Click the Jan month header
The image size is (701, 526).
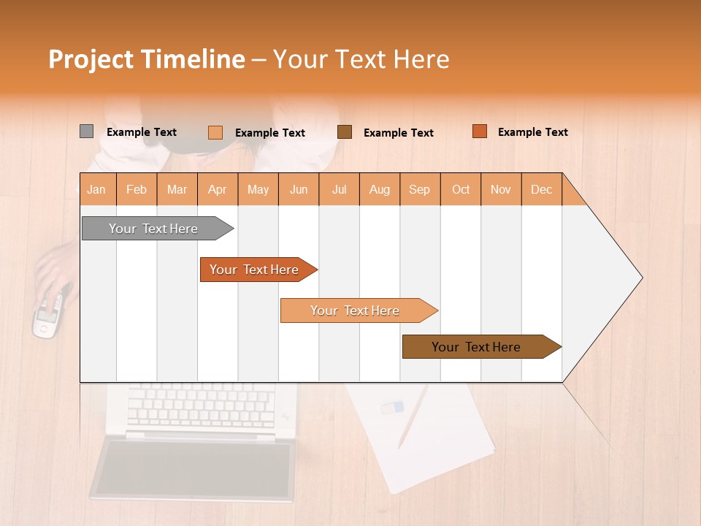coord(97,189)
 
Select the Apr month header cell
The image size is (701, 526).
coord(218,189)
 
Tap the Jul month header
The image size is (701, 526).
coord(339,189)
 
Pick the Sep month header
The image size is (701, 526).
coord(419,189)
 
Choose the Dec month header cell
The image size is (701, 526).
coord(541,189)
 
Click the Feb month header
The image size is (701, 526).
coord(137,189)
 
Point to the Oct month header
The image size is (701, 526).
coord(461,189)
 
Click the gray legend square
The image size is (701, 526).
coord(86,131)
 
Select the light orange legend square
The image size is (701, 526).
coord(215,132)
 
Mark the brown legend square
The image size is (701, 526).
coord(345,131)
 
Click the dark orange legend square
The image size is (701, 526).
coord(479,131)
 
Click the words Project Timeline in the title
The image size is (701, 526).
coord(146,59)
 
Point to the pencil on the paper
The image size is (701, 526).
coord(413,416)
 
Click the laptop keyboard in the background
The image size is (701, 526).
coord(201,406)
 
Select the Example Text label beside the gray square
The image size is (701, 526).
coord(142,132)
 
